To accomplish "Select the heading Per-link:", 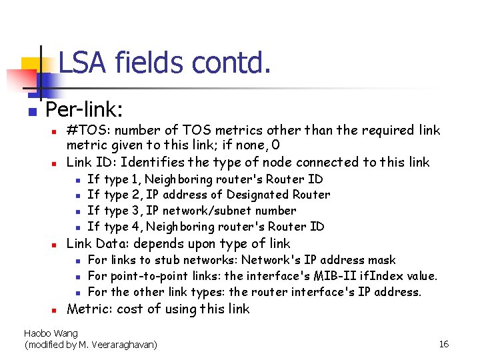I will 84,109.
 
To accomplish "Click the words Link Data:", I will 99,243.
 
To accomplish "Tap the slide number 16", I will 444,344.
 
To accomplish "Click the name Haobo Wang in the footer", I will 51,333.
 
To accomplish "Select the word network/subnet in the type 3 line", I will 209,211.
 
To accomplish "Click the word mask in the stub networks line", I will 383,260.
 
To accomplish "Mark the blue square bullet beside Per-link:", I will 30,111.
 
